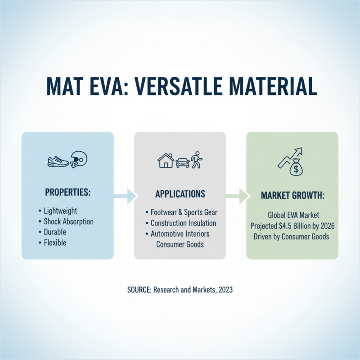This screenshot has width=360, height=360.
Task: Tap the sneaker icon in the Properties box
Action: [x=58, y=160]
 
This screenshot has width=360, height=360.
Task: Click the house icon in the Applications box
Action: [x=165, y=160]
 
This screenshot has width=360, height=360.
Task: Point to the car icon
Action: [x=182, y=162]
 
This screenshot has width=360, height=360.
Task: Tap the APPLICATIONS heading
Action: [x=180, y=194]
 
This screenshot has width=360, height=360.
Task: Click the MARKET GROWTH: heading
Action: [x=292, y=197]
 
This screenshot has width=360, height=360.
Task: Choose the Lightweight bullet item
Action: [x=60, y=211]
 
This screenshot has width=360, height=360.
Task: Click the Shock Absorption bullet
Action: [x=68, y=221]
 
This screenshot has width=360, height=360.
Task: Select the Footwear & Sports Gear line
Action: [x=183, y=212]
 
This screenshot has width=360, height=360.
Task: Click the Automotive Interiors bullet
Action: [x=180, y=234]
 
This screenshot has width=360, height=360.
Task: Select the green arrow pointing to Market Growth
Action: [x=237, y=195]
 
